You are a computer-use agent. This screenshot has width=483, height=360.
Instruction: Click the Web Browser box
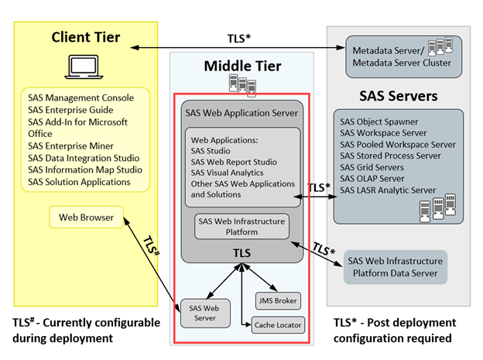pos(86,218)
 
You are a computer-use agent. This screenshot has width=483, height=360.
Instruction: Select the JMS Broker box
pos(276,300)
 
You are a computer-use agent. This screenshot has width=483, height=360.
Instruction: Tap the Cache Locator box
pos(277,324)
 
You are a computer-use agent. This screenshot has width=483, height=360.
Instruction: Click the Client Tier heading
pos(85,37)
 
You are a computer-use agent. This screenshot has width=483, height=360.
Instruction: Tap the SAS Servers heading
pos(399,97)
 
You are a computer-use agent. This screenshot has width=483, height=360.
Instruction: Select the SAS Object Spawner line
pos(379,122)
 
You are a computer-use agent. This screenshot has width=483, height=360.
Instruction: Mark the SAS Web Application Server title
pos(241,112)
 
